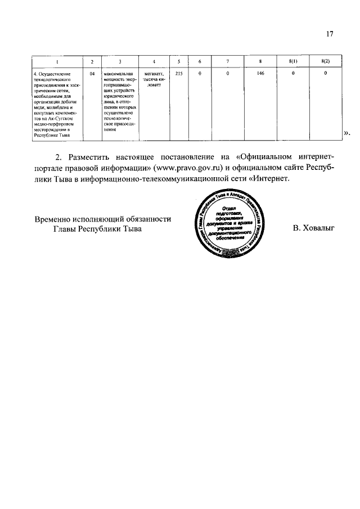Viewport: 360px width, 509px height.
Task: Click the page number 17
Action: pos(330,34)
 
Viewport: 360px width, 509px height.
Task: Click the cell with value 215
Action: pos(178,73)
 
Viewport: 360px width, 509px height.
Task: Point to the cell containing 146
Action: pos(260,73)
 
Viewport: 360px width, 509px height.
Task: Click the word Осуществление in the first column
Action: pos(55,73)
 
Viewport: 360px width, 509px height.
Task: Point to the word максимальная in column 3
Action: pos(118,73)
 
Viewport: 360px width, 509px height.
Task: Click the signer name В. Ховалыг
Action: pos(314,229)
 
